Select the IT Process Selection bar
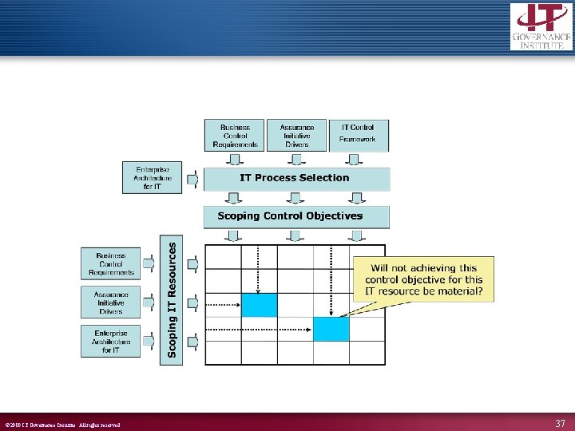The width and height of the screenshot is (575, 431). coord(296,178)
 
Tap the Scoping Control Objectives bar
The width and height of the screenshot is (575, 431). coord(296,216)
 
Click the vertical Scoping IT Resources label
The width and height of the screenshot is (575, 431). coord(171,300)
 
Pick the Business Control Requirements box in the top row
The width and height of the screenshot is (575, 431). coord(234,135)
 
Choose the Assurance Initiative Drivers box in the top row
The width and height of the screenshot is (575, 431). coord(296,135)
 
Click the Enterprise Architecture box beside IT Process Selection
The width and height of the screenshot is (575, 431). coord(152,178)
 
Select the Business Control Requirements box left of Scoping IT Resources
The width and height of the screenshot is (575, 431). coord(110,263)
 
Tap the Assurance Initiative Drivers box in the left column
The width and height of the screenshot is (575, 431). coord(110,302)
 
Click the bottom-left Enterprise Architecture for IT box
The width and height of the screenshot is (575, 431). coord(110,341)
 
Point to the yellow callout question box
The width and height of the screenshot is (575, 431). coord(423,279)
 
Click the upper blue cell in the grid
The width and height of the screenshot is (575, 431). coord(259,305)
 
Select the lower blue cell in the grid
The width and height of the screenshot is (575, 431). coord(331,329)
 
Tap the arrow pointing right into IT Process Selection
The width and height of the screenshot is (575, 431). coord(192,178)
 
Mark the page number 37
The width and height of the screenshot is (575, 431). coord(559,424)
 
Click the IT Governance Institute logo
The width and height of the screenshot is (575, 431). coord(541,26)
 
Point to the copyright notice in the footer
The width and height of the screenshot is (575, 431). coord(62,425)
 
